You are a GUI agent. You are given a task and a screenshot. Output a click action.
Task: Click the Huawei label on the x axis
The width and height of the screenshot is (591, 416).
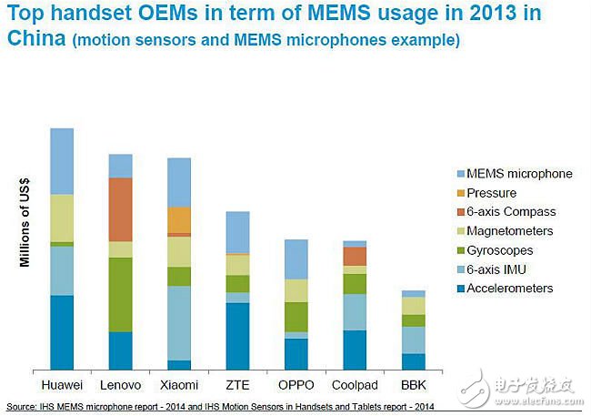tap(62, 384)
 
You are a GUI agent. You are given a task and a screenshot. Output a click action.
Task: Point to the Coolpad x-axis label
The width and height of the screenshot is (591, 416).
tap(355, 384)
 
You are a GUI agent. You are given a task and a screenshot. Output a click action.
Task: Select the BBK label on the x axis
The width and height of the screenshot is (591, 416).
tap(413, 384)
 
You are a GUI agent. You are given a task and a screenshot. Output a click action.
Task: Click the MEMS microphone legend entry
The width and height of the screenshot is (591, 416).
tap(519, 174)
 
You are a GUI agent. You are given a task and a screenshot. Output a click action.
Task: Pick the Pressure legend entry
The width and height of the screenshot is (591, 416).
tap(492, 193)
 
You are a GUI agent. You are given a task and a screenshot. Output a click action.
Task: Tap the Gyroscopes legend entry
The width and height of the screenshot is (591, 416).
tap(500, 250)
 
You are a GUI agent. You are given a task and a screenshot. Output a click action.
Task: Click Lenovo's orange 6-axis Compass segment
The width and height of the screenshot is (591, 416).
tap(121, 209)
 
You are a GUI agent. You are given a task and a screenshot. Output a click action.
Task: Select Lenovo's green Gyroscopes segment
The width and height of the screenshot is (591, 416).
tap(121, 294)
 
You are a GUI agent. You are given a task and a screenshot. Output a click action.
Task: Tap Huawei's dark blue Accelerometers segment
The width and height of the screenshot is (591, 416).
tap(62, 331)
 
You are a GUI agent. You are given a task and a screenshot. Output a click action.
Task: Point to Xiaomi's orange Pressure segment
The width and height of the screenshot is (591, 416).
tap(179, 219)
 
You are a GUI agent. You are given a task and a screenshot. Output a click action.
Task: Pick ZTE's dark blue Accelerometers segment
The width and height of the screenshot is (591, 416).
tap(237, 335)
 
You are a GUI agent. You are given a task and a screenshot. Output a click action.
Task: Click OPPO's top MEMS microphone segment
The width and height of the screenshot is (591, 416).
tap(296, 259)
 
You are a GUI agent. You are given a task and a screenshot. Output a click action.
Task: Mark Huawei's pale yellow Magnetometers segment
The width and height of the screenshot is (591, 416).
tap(62, 218)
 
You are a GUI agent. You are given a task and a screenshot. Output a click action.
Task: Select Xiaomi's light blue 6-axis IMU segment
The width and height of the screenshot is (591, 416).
tap(179, 322)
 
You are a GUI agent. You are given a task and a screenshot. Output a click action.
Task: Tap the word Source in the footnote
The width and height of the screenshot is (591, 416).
tap(22, 406)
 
